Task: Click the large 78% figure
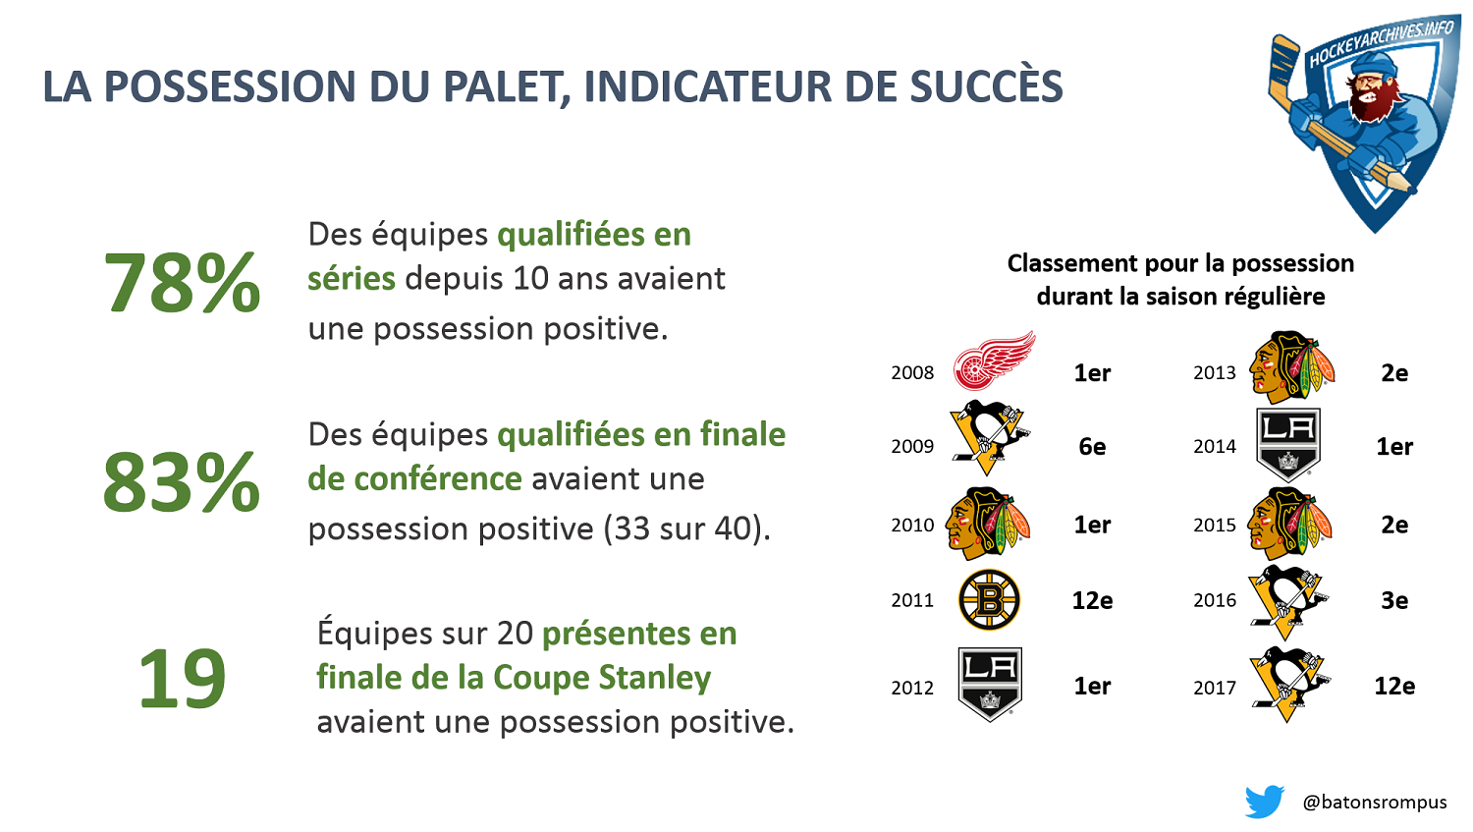point(182,283)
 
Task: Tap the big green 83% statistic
point(182,482)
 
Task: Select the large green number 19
point(182,678)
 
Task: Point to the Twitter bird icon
point(1264,802)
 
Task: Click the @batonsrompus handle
point(1375,802)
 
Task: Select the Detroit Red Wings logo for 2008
point(994,360)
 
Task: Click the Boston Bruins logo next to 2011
point(989,600)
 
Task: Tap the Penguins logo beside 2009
point(989,437)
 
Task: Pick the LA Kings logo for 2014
point(1288,445)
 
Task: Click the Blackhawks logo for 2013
point(1291,367)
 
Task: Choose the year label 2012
point(912,688)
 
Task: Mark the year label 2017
point(1215,688)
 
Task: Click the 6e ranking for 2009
point(1092,447)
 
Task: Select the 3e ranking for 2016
point(1394,600)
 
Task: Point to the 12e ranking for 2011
point(1092,600)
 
